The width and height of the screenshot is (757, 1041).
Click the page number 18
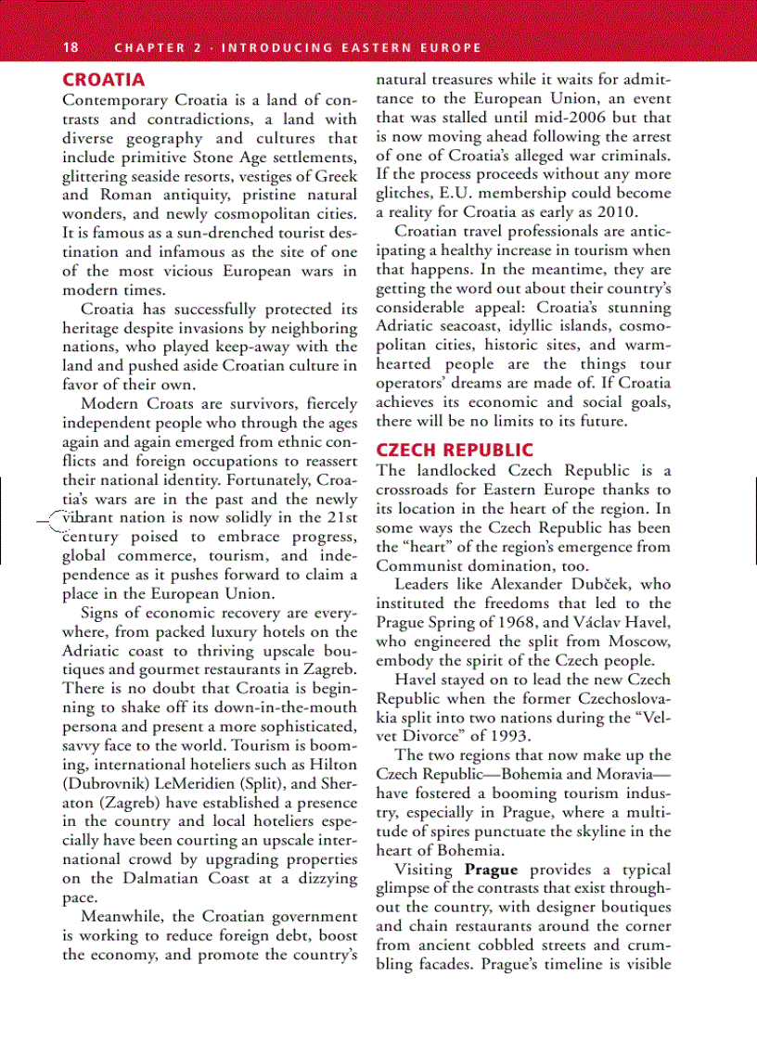tap(71, 47)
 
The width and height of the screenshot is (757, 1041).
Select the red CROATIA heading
tap(103, 80)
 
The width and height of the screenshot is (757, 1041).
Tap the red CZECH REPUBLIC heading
tap(455, 451)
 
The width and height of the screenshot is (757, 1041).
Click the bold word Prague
tap(491, 870)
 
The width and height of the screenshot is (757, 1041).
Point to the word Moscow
tap(639, 641)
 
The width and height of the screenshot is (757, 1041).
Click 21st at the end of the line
tap(340, 516)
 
